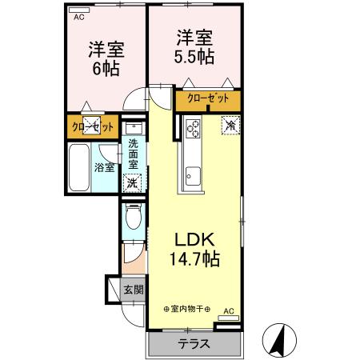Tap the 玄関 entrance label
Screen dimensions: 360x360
coord(133,290)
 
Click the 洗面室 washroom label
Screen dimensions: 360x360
coord(134,154)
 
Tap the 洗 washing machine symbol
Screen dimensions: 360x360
coord(133,182)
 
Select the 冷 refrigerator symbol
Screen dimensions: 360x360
coord(230,125)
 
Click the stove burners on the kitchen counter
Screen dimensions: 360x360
coord(194,126)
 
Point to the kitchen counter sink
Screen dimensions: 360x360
coord(194,174)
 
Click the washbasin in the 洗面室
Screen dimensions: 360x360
coord(134,127)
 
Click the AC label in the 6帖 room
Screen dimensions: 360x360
coord(78,17)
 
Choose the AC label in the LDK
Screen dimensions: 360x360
coord(229,310)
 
